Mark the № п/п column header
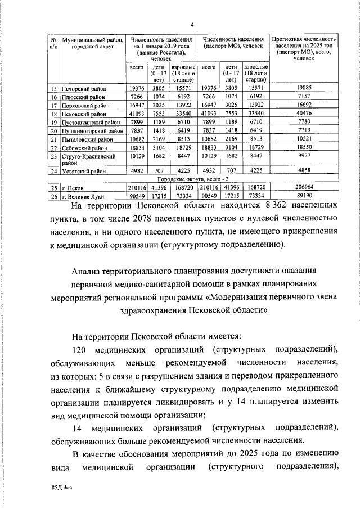click(53, 44)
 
